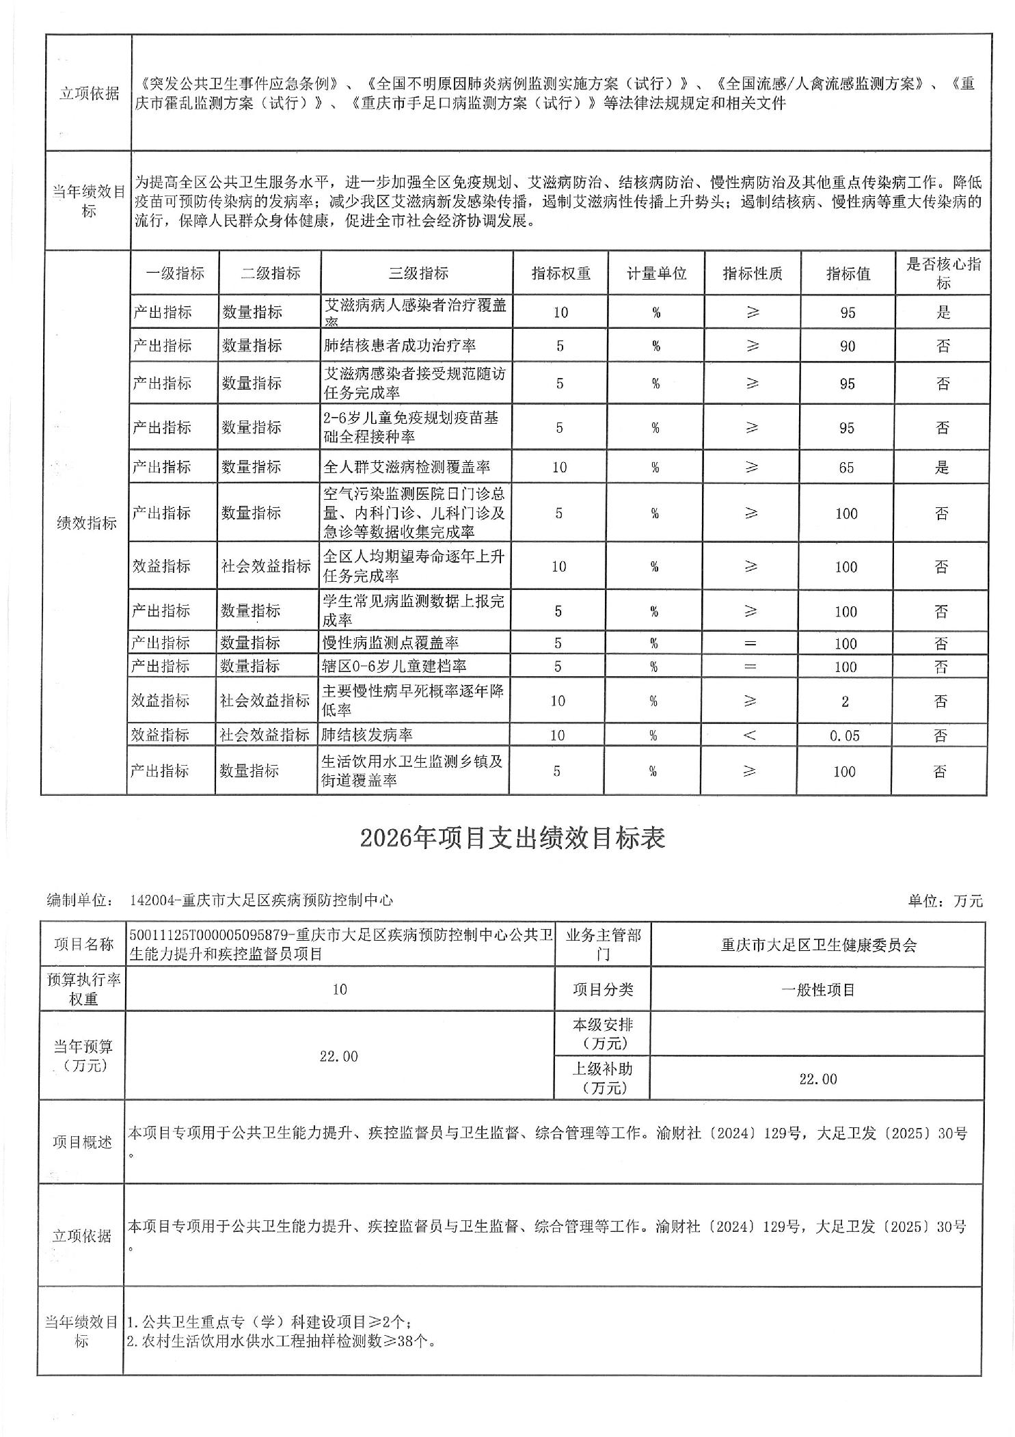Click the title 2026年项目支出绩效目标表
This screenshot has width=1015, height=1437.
513,838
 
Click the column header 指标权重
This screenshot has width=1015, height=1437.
560,273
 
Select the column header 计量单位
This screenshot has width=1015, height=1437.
656,273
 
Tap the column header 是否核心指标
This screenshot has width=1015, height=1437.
943,273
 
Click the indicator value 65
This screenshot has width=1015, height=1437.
846,468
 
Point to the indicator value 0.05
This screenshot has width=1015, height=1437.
845,736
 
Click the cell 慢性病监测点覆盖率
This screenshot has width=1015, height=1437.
390,643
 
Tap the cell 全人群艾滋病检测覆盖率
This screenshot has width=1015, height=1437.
407,468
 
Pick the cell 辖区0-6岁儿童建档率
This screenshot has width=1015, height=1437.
394,666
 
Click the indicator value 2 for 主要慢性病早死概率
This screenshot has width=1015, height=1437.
845,701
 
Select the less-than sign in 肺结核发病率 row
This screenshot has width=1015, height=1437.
750,736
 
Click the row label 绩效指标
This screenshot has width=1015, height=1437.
87,523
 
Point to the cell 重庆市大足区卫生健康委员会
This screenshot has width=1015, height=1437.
818,945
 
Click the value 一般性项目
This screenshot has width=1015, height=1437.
818,990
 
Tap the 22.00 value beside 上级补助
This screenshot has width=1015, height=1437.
818,1079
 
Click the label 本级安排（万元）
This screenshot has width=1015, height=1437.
602,1034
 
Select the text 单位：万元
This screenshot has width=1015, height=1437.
945,901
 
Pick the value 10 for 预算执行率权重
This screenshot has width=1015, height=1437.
340,989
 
